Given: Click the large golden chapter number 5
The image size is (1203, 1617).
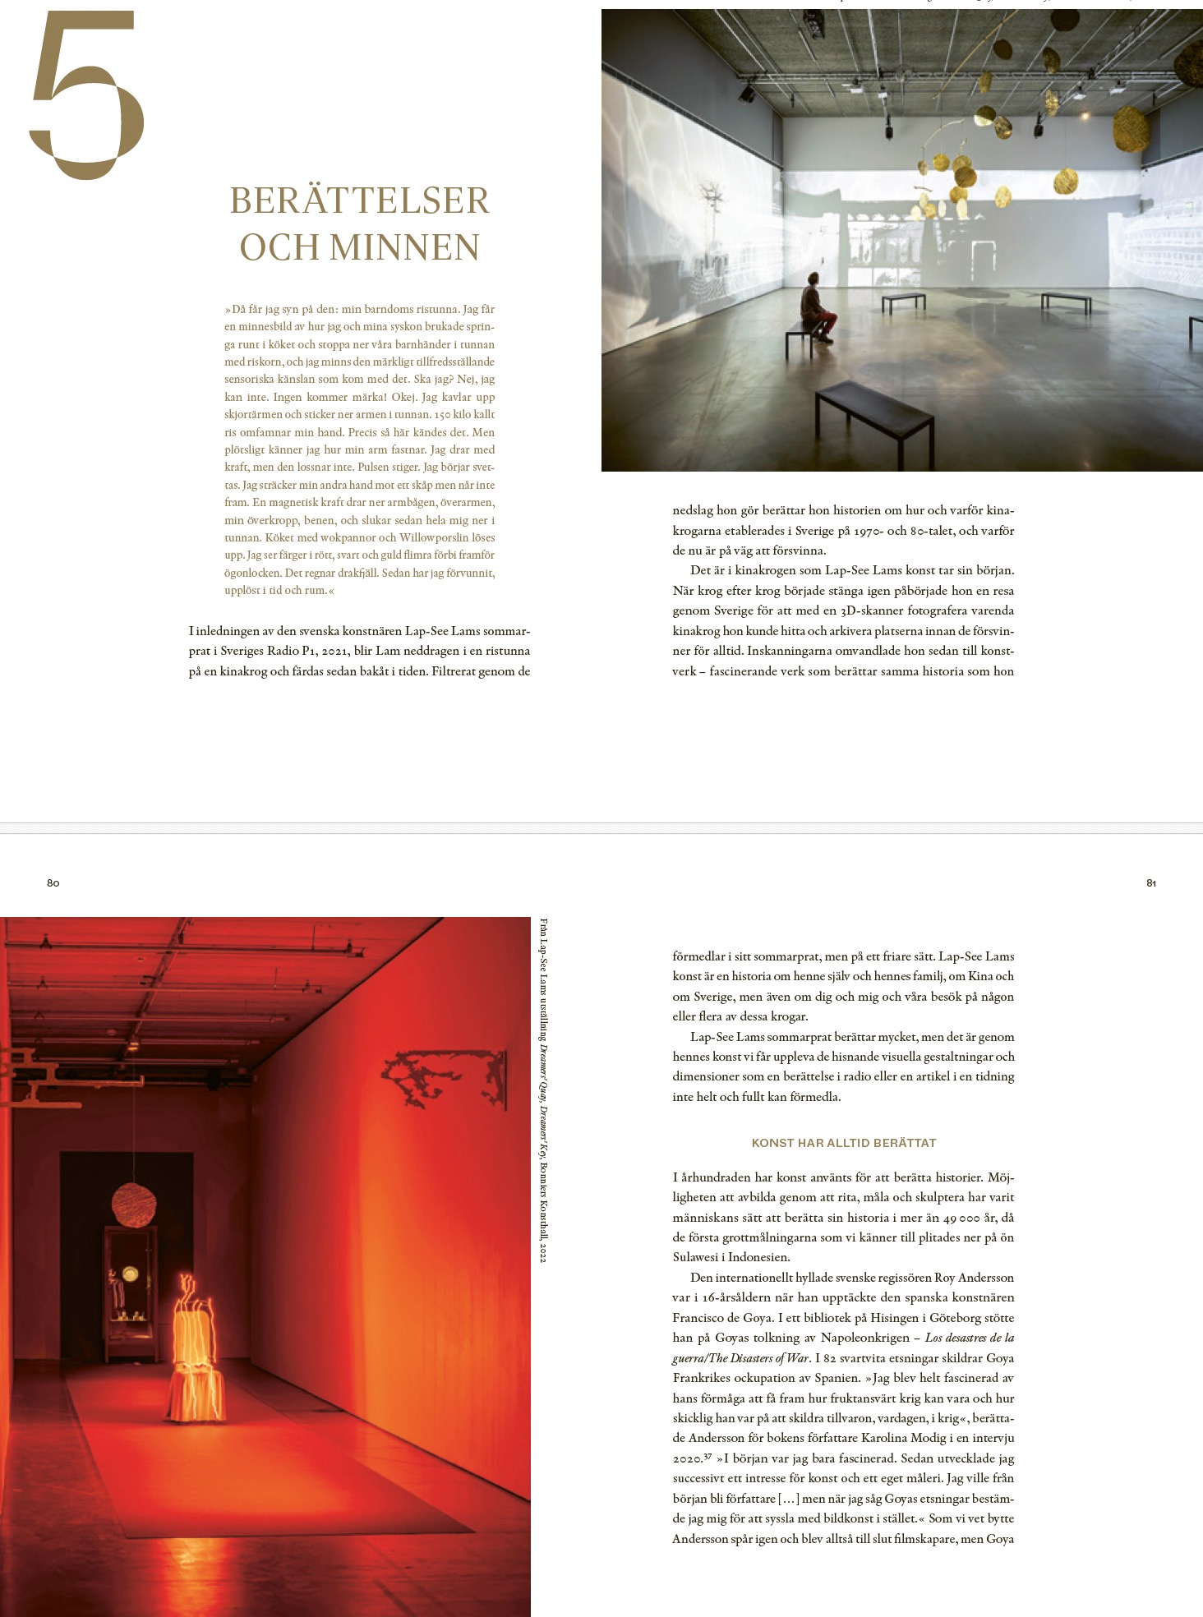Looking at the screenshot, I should point(86,94).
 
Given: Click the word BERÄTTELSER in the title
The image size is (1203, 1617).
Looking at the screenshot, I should point(359,201).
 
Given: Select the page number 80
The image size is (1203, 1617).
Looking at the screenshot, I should point(53,883).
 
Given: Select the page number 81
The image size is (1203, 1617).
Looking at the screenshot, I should point(1151,883).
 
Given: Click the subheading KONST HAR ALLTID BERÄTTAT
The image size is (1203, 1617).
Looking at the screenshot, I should point(844,1143).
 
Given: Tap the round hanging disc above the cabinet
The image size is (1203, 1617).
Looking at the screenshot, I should point(134,1205).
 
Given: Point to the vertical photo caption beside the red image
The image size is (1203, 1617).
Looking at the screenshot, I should point(543,1089).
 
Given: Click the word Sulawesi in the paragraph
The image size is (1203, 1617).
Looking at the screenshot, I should point(698,1257).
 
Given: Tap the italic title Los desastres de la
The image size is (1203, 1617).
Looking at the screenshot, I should point(969,1338).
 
